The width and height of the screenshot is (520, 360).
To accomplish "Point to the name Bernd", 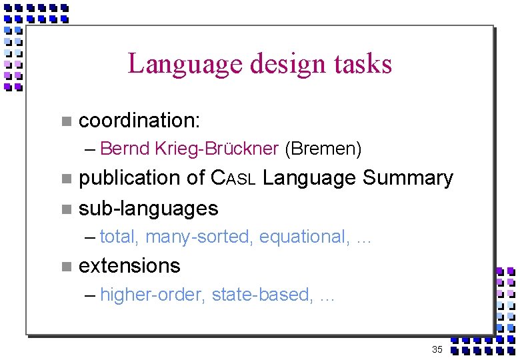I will [x=125, y=149].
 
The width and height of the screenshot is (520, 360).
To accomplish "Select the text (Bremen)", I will [x=323, y=149].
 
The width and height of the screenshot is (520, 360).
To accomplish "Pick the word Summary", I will [x=408, y=178].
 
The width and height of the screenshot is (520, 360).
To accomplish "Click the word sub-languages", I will [x=149, y=209].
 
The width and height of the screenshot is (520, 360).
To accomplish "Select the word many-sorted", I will [x=199, y=237].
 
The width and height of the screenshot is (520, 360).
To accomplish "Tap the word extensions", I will [x=129, y=266].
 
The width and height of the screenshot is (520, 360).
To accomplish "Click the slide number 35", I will [x=437, y=349].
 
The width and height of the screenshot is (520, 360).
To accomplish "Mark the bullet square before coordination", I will [x=65, y=121].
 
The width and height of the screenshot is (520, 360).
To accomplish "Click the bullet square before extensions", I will [x=65, y=267].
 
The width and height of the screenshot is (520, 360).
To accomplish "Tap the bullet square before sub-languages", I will [x=65, y=209].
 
